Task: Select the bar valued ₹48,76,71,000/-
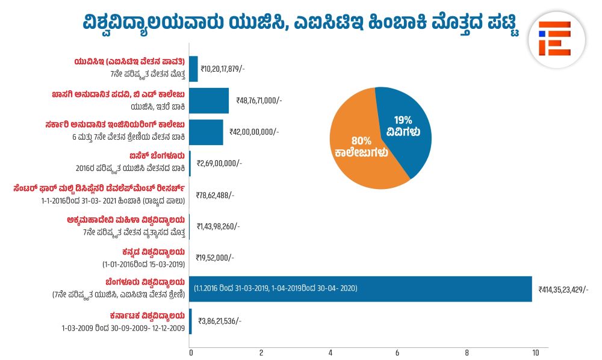pyautogui.click(x=209, y=101)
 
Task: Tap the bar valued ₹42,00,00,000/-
pyautogui.click(x=206, y=132)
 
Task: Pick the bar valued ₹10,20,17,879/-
pyautogui.click(x=194, y=69)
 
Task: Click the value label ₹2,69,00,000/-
pyautogui.click(x=219, y=163)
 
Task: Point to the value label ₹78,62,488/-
pyautogui.click(x=215, y=195)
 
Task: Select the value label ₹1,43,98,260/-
pyautogui.click(x=218, y=226)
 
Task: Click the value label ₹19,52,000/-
pyautogui.click(x=215, y=258)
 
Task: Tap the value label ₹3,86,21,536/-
pyautogui.click(x=220, y=321)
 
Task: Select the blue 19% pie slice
pyautogui.click(x=406, y=126)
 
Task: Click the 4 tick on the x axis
pyautogui.click(x=330, y=352)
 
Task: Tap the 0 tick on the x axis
pyautogui.click(x=191, y=352)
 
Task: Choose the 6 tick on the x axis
pyautogui.click(x=398, y=352)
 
